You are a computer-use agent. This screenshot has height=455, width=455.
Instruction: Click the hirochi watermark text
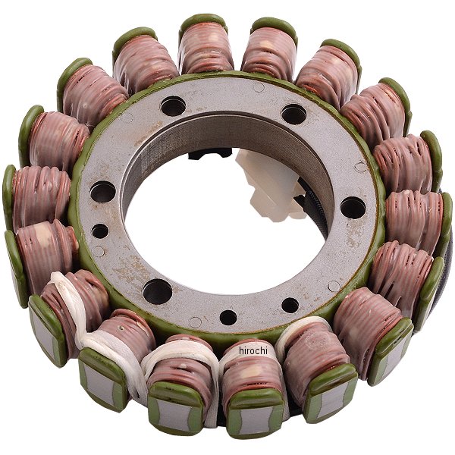253,350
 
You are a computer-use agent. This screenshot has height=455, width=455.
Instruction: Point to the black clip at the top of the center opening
209,153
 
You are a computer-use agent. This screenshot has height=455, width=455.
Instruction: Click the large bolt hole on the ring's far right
353,208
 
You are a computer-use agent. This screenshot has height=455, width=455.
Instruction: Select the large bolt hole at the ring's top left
173,106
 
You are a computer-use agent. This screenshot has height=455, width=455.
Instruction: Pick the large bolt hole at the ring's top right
293,114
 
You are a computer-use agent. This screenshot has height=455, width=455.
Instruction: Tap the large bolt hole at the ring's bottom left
158,291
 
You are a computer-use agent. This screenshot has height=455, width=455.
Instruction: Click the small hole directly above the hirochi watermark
228,318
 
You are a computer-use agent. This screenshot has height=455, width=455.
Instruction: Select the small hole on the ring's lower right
290,306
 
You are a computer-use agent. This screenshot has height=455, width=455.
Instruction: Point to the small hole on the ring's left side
100,231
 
